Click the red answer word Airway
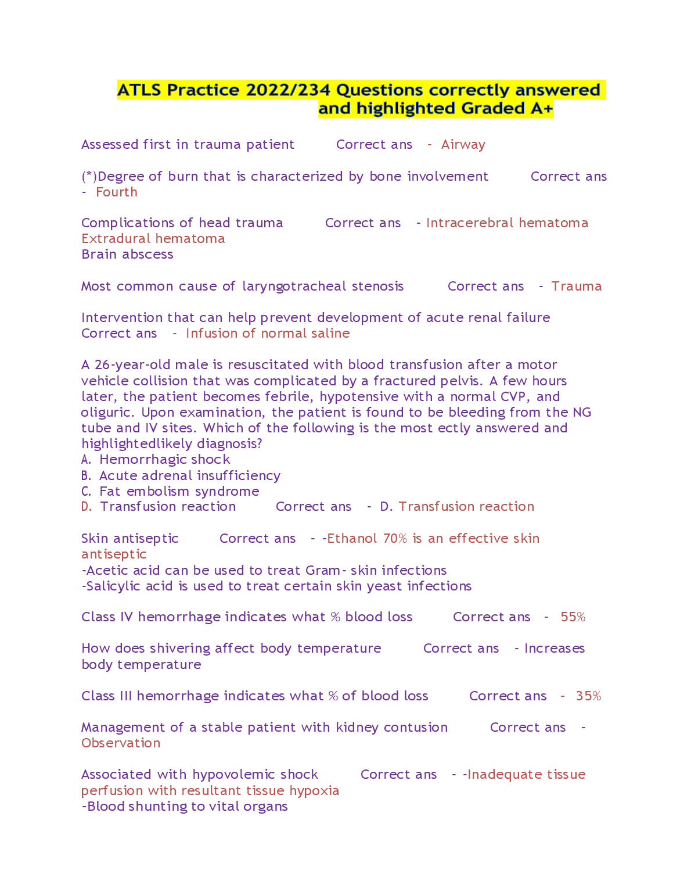(463, 145)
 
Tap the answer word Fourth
(117, 192)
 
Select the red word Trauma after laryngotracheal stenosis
(576, 287)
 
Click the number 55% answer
(573, 617)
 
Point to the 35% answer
(588, 696)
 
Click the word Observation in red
(121, 743)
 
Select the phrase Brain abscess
(127, 255)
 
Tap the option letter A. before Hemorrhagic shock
(86, 460)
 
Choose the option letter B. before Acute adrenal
(86, 476)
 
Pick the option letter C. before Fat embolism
(86, 492)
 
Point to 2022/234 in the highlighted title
(288, 90)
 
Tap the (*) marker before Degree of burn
(89, 177)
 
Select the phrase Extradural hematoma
(153, 239)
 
